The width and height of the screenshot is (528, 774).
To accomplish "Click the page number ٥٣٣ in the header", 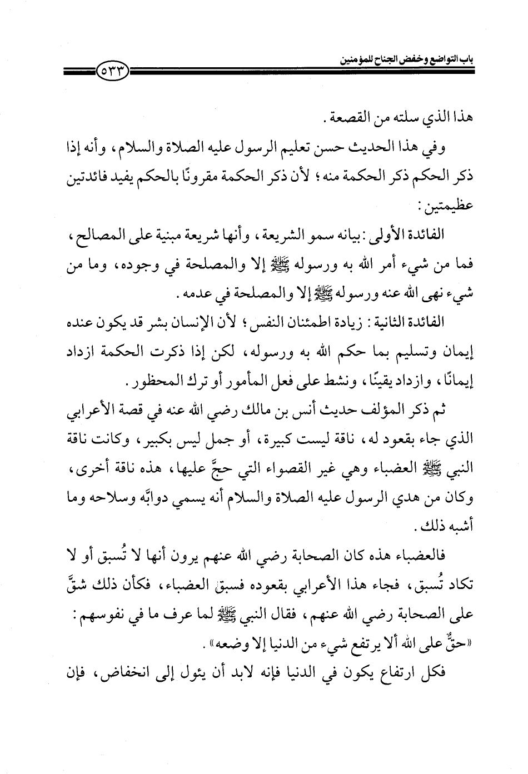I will [114, 71].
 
